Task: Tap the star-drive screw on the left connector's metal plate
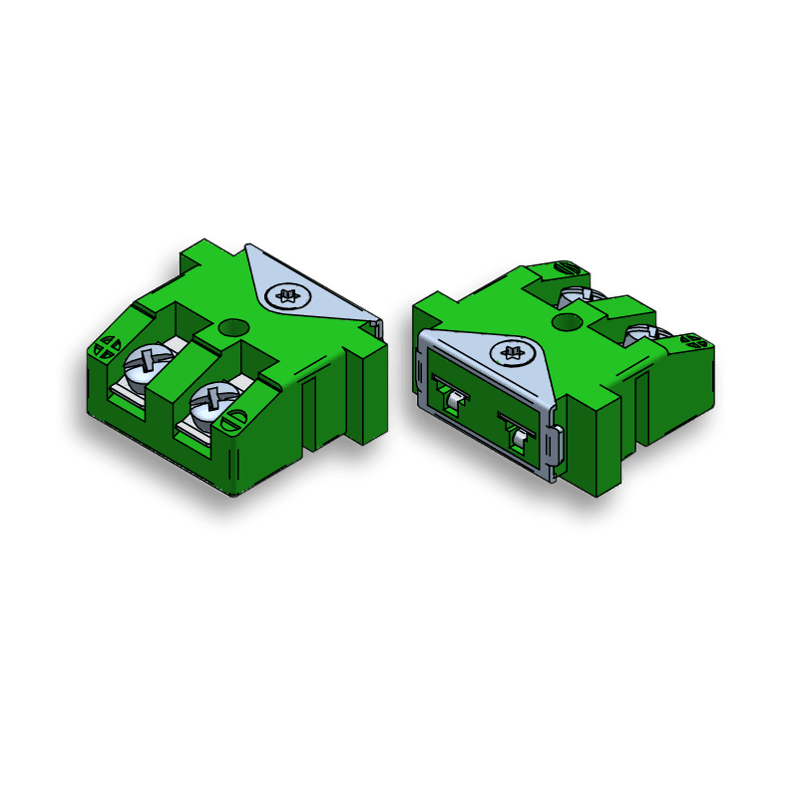tap(289, 295)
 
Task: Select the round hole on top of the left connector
tap(232, 326)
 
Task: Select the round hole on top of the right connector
tap(566, 321)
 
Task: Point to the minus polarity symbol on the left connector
tap(230, 421)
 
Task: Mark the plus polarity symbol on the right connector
tap(691, 342)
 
